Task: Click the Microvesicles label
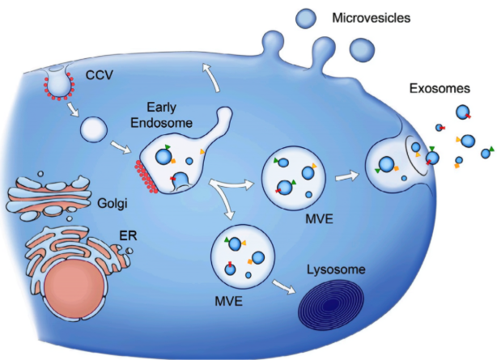point(375,17)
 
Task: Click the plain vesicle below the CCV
point(93,128)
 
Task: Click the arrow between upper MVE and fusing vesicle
point(346,174)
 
